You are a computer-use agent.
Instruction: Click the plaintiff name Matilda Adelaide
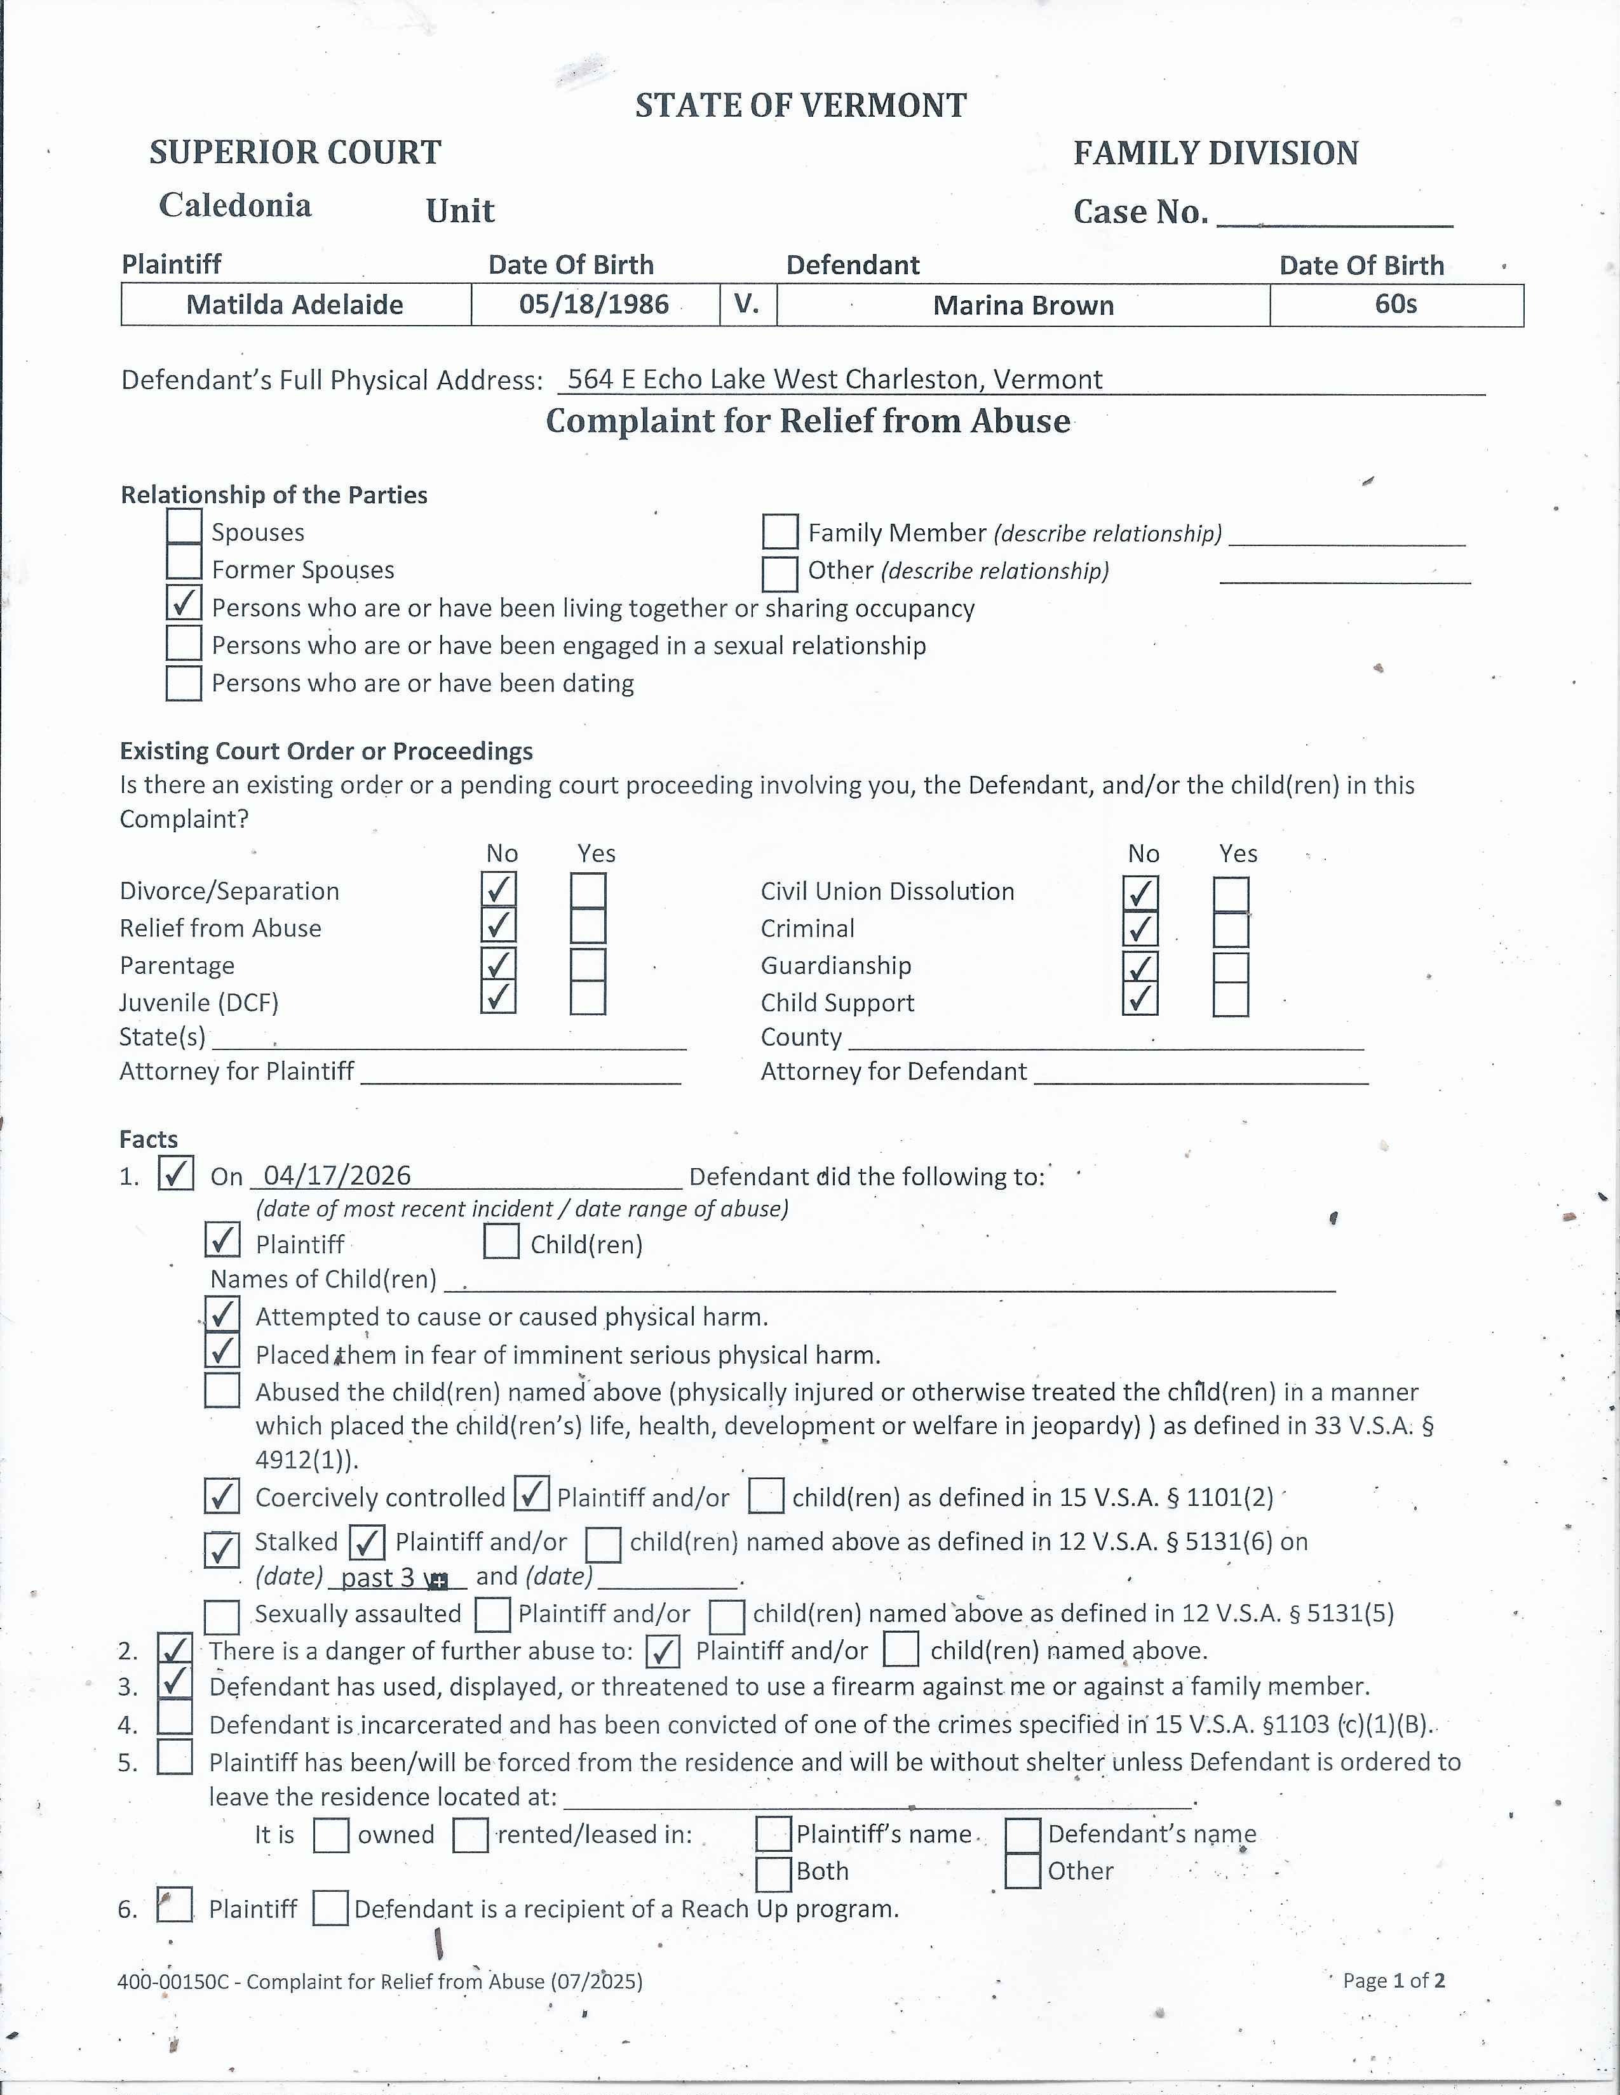point(295,305)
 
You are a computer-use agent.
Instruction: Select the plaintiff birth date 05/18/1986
point(594,305)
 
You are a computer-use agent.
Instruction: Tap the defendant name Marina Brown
point(1023,306)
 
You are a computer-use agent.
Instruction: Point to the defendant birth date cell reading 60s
point(1396,305)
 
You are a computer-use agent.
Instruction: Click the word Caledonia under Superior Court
point(235,205)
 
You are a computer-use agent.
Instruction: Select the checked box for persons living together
point(184,603)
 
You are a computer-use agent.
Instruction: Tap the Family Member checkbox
point(780,531)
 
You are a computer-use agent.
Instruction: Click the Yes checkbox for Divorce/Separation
point(588,890)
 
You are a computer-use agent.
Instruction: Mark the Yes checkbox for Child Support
point(1231,999)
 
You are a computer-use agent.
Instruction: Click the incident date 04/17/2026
point(337,1175)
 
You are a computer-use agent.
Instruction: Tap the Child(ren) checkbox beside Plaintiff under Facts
point(502,1241)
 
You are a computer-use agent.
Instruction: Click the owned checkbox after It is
point(331,1836)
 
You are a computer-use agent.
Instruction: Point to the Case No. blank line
point(1335,216)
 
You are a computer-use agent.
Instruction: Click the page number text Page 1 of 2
point(1393,1981)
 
